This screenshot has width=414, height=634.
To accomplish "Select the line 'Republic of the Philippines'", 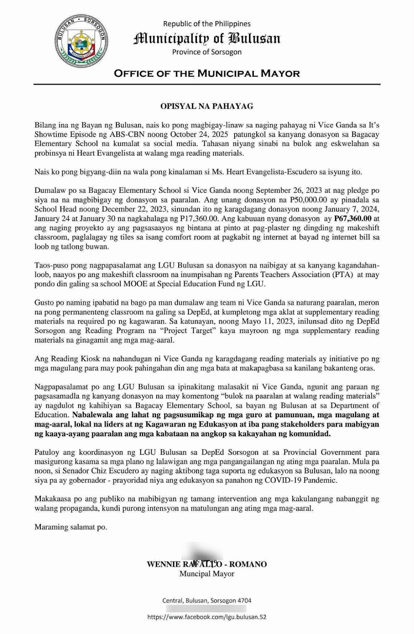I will (207, 24).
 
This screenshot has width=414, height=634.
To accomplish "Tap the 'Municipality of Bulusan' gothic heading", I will (207, 38).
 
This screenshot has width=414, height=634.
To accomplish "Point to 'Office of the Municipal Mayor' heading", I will (207, 74).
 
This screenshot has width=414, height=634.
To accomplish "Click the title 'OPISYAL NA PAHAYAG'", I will (207, 106).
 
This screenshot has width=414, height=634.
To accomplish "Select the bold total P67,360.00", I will (353, 218).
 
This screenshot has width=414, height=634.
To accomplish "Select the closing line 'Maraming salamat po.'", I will (71, 527).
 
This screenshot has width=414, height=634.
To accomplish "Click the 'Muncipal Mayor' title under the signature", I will (207, 574).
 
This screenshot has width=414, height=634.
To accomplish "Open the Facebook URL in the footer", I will (207, 617).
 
